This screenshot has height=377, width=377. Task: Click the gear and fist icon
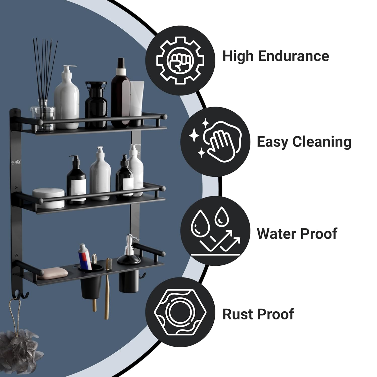[x=180, y=60]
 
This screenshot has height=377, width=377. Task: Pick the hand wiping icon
[x=215, y=142]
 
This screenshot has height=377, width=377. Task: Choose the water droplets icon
[x=215, y=231]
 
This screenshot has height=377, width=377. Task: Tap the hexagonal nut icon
[x=180, y=312]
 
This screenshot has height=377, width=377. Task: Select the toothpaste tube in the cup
[x=85, y=256]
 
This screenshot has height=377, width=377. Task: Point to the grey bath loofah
[x=19, y=349]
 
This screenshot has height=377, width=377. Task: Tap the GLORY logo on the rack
[x=16, y=162]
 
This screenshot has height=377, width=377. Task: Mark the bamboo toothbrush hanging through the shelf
[x=107, y=289]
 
